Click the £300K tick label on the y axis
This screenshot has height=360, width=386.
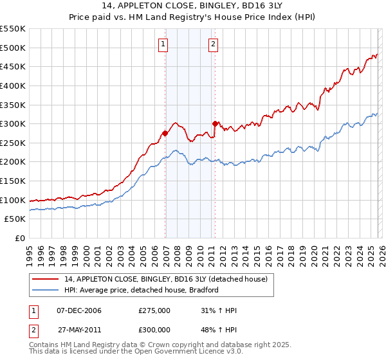[x=12, y=123]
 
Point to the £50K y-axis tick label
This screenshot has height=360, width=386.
[x=15, y=219]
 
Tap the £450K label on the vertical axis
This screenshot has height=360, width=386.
[x=12, y=66]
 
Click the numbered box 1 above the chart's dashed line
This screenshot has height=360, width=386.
[x=163, y=44]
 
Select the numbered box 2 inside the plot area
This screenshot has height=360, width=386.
[x=212, y=44]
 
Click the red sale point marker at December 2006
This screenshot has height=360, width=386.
[x=165, y=133]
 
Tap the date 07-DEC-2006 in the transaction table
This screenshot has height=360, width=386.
[x=79, y=310]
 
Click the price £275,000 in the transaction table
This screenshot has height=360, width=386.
[x=154, y=310]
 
